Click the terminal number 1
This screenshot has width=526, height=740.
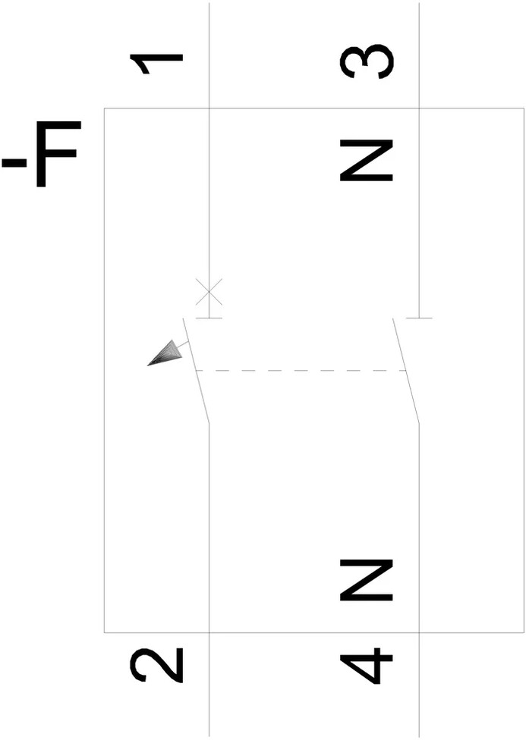(x=157, y=64)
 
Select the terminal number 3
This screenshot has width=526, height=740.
(x=367, y=61)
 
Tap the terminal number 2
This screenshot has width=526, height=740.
(x=157, y=665)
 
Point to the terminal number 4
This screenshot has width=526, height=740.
(x=367, y=666)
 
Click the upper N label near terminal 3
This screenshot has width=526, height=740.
(x=367, y=160)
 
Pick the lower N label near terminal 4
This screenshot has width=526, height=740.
(x=367, y=580)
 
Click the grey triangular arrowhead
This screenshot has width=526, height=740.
(x=166, y=353)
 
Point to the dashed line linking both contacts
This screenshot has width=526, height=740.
(x=301, y=371)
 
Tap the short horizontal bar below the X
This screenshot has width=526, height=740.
(x=209, y=318)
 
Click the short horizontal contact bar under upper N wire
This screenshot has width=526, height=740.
(x=419, y=318)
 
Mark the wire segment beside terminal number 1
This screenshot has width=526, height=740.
(x=209, y=61)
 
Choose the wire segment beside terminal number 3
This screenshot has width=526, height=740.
(x=419, y=61)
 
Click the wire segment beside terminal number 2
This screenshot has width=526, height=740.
(x=209, y=682)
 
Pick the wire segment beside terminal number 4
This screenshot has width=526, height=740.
(x=419, y=682)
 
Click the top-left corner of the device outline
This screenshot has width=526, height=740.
(x=105, y=109)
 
